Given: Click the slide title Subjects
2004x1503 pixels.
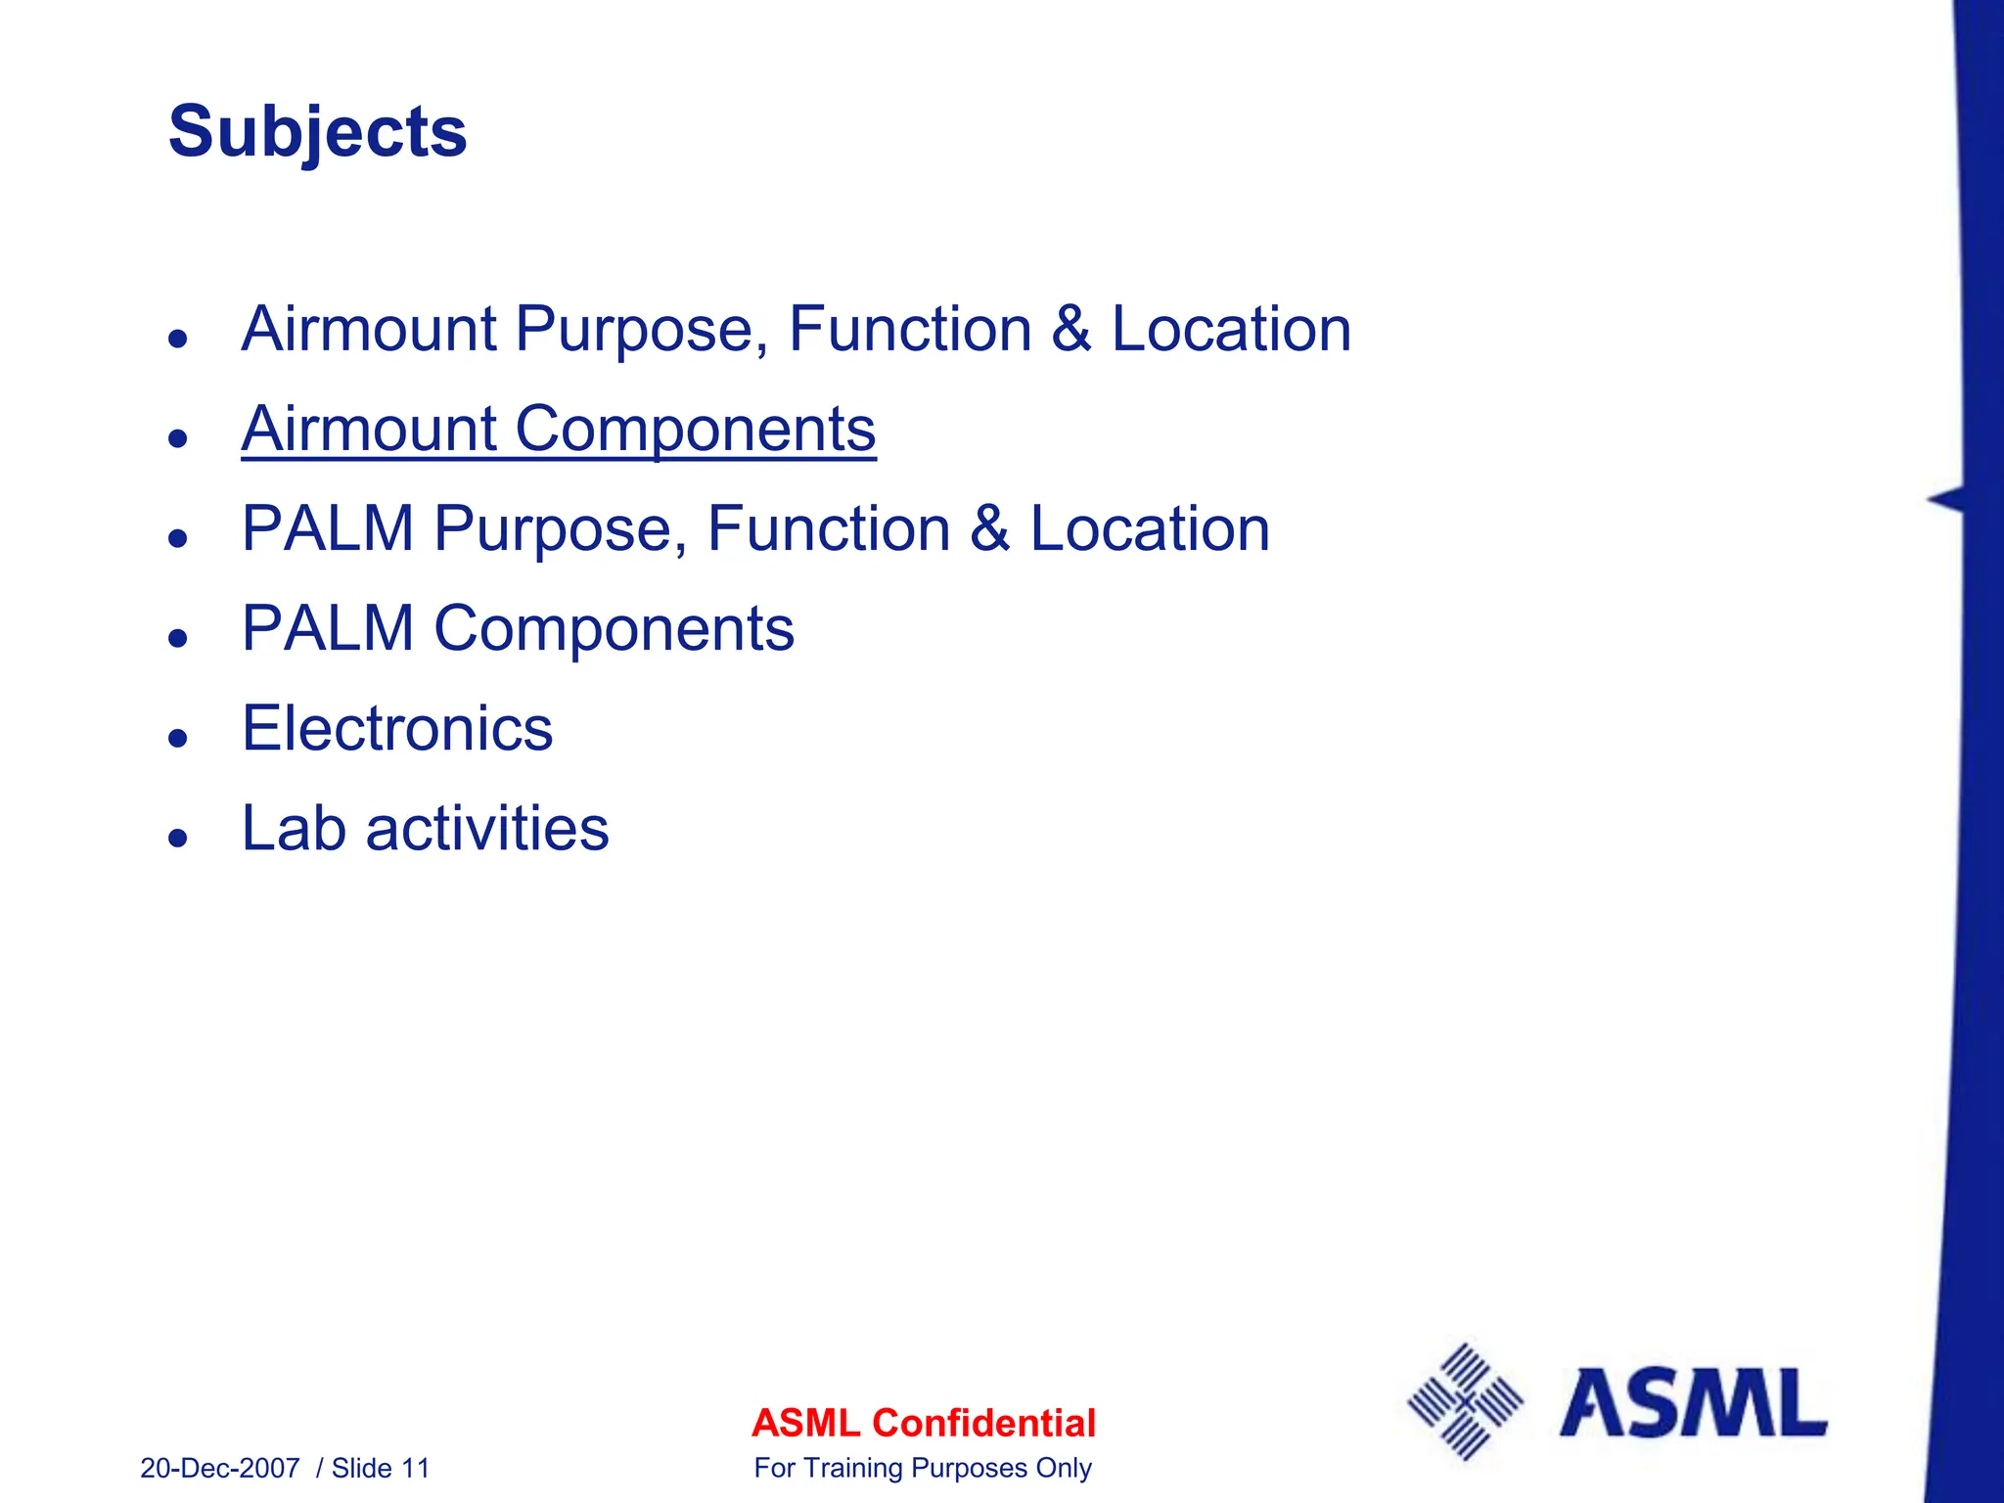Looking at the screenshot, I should point(317,132).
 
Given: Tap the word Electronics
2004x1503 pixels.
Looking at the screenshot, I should point(397,729).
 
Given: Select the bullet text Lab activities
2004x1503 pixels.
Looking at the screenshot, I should point(425,829).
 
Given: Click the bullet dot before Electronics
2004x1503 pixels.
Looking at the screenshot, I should point(177,738).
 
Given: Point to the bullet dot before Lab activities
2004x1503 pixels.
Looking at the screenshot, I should point(177,838).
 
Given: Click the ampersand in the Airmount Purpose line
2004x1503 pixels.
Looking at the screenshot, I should point(1070,329).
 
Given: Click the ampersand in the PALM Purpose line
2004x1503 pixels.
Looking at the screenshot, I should point(989,529).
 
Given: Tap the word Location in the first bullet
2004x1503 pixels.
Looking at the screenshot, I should point(1231,329).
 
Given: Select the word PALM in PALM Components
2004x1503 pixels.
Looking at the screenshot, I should point(328,628).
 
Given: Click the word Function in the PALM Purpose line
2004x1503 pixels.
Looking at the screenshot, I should point(828,529).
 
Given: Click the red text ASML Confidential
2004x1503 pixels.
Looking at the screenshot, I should point(923,1423).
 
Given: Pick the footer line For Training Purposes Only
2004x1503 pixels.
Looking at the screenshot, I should point(923,1468).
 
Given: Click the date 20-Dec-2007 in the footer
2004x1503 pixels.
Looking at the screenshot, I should point(220,1468).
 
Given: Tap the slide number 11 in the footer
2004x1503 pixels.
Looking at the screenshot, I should point(416,1468).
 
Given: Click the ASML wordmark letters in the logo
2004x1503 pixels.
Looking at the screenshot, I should point(1693,1403).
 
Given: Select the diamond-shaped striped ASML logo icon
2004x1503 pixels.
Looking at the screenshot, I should point(1465,1401).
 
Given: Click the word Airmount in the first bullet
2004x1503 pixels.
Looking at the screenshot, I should point(368,329).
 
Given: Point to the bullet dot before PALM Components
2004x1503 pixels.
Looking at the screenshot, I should point(177,638).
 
